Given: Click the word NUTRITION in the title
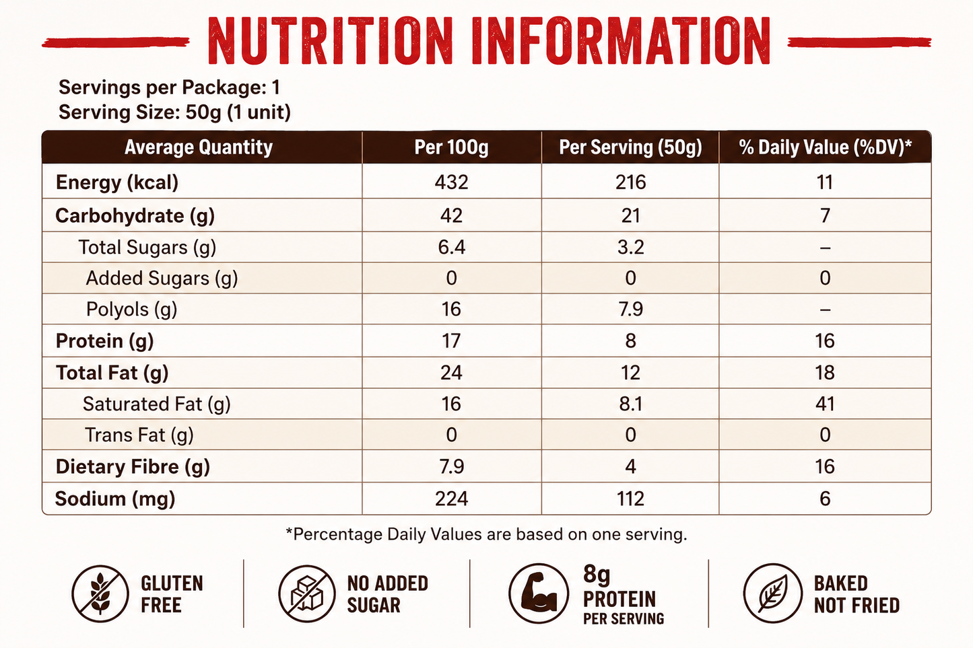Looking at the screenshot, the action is click(x=330, y=41).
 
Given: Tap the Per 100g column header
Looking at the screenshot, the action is click(x=451, y=147).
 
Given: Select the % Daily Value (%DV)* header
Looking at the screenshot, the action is click(x=825, y=147).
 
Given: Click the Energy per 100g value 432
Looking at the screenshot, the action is click(x=451, y=182).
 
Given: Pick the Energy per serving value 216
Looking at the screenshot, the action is click(x=630, y=182).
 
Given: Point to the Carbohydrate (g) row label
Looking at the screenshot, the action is click(x=135, y=216).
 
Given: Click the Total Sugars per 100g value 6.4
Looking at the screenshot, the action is click(x=451, y=247).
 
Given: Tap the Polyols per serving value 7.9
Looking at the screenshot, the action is click(x=630, y=309).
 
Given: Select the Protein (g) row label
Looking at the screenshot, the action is click(x=104, y=341).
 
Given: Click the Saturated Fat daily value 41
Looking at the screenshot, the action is click(x=825, y=404).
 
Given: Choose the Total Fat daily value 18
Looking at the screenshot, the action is click(x=825, y=372).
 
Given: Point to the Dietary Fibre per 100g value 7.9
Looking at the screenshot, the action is click(x=451, y=466).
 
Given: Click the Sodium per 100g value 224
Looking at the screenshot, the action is click(x=451, y=499).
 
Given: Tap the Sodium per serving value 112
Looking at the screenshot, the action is click(x=630, y=499).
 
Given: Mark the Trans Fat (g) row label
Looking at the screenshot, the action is click(x=139, y=435).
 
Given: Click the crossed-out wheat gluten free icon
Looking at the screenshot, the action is click(x=100, y=593).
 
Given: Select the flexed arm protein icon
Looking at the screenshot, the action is click(x=539, y=593).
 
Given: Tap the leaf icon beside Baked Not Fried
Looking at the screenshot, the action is click(x=773, y=593).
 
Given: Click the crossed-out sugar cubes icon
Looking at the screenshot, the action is click(x=306, y=593).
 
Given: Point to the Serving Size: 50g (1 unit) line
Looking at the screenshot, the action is click(x=174, y=112).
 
